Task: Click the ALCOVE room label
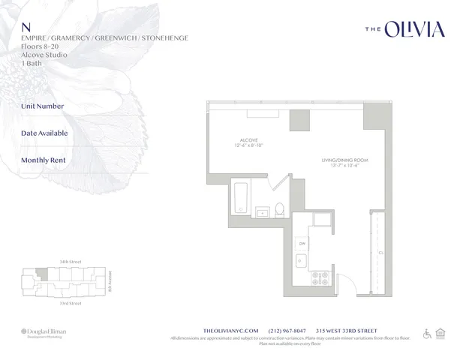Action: point(249,140)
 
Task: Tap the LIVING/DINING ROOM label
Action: point(344,160)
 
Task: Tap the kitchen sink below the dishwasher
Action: point(301,261)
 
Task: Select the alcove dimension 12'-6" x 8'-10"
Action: point(249,146)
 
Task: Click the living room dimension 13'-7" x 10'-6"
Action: point(344,166)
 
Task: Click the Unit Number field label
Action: point(43,106)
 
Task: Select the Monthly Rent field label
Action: point(44,160)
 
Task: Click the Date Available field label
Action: point(44,133)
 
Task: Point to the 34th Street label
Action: point(69,261)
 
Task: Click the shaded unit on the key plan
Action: point(44,276)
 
